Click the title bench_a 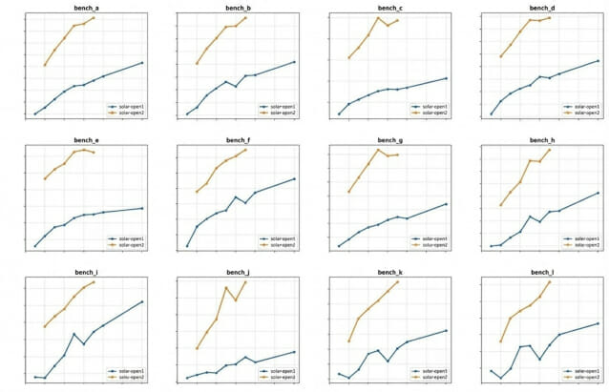pyautogui.click(x=87, y=8)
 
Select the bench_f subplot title pyautogui.click(x=239, y=139)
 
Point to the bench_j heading pyautogui.click(x=239, y=272)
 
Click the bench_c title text pyautogui.click(x=390, y=8)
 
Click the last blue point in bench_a pyautogui.click(x=142, y=63)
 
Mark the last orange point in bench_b pyautogui.click(x=245, y=18)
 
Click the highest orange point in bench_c pyautogui.click(x=378, y=18)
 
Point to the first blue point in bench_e pyautogui.click(x=35, y=246)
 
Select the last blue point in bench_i pyautogui.click(x=142, y=301)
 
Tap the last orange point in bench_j pyautogui.click(x=245, y=281)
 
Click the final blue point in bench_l pyautogui.click(x=598, y=323)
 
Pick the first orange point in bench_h pyautogui.click(x=501, y=205)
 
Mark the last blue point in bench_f pyautogui.click(x=294, y=178)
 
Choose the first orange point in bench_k pyautogui.click(x=349, y=340)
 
